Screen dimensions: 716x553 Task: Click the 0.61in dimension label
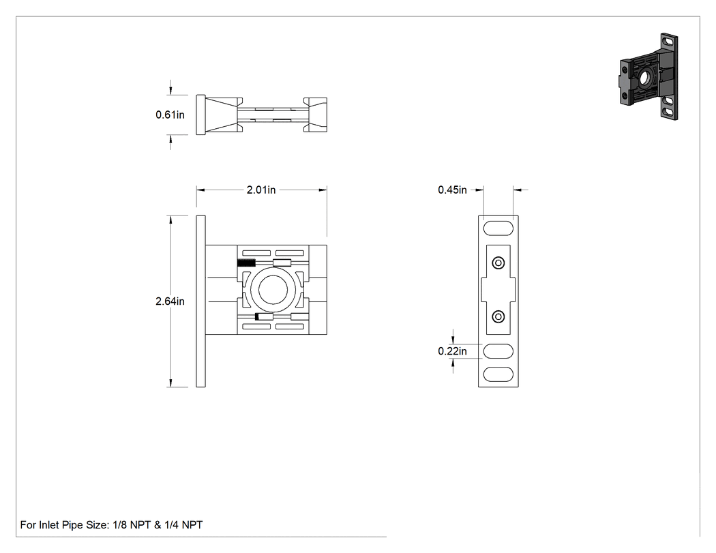pos(170,115)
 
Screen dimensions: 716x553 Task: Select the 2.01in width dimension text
pos(261,190)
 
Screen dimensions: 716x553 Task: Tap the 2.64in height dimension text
pos(170,301)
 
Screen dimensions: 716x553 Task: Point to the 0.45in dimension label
pos(452,190)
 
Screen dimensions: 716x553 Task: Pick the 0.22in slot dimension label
pos(452,351)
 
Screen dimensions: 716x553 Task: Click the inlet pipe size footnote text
pos(111,525)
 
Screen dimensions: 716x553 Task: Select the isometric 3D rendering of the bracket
pos(648,76)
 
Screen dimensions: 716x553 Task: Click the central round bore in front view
pos(273,290)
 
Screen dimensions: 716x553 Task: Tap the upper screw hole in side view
pos(498,263)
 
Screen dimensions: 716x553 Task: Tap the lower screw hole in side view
pos(498,317)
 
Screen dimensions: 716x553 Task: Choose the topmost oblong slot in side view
pos(498,228)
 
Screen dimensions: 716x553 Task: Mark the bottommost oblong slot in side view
pos(498,374)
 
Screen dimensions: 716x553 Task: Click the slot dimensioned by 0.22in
pos(498,351)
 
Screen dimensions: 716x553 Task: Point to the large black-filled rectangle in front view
pos(246,263)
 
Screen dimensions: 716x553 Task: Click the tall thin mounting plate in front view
pos(201,301)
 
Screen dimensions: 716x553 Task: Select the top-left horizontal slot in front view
pos(256,253)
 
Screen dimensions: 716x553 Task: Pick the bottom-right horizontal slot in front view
pos(290,327)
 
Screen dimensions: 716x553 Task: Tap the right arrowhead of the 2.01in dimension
pos(323,190)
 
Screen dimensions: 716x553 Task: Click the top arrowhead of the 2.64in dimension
pos(170,220)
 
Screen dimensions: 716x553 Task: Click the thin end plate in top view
pos(201,115)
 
